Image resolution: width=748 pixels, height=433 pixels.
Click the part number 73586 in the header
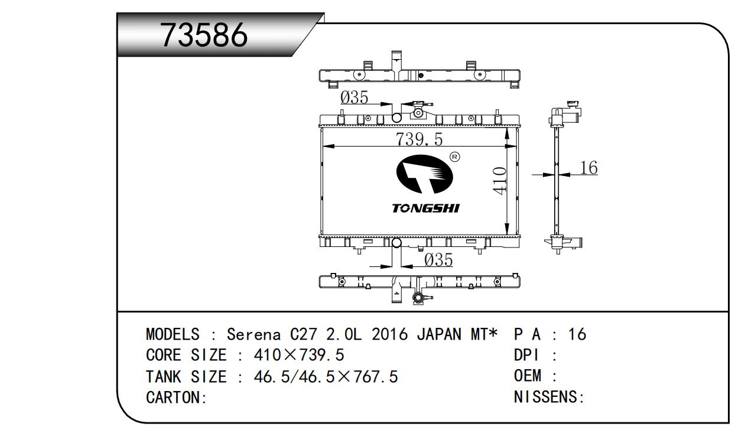[204, 35]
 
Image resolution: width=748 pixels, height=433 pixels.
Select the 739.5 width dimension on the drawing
[419, 139]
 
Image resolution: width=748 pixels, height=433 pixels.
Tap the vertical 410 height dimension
[500, 181]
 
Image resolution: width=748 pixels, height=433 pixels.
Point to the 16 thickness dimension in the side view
[589, 168]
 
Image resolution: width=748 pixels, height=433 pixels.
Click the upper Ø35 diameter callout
[354, 97]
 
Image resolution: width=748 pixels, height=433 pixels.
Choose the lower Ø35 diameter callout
[438, 260]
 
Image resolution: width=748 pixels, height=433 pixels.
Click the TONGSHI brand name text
[426, 209]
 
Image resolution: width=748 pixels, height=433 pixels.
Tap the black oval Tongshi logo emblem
[424, 174]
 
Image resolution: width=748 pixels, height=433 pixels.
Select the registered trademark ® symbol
[455, 157]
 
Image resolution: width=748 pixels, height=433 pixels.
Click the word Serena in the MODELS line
[254, 334]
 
